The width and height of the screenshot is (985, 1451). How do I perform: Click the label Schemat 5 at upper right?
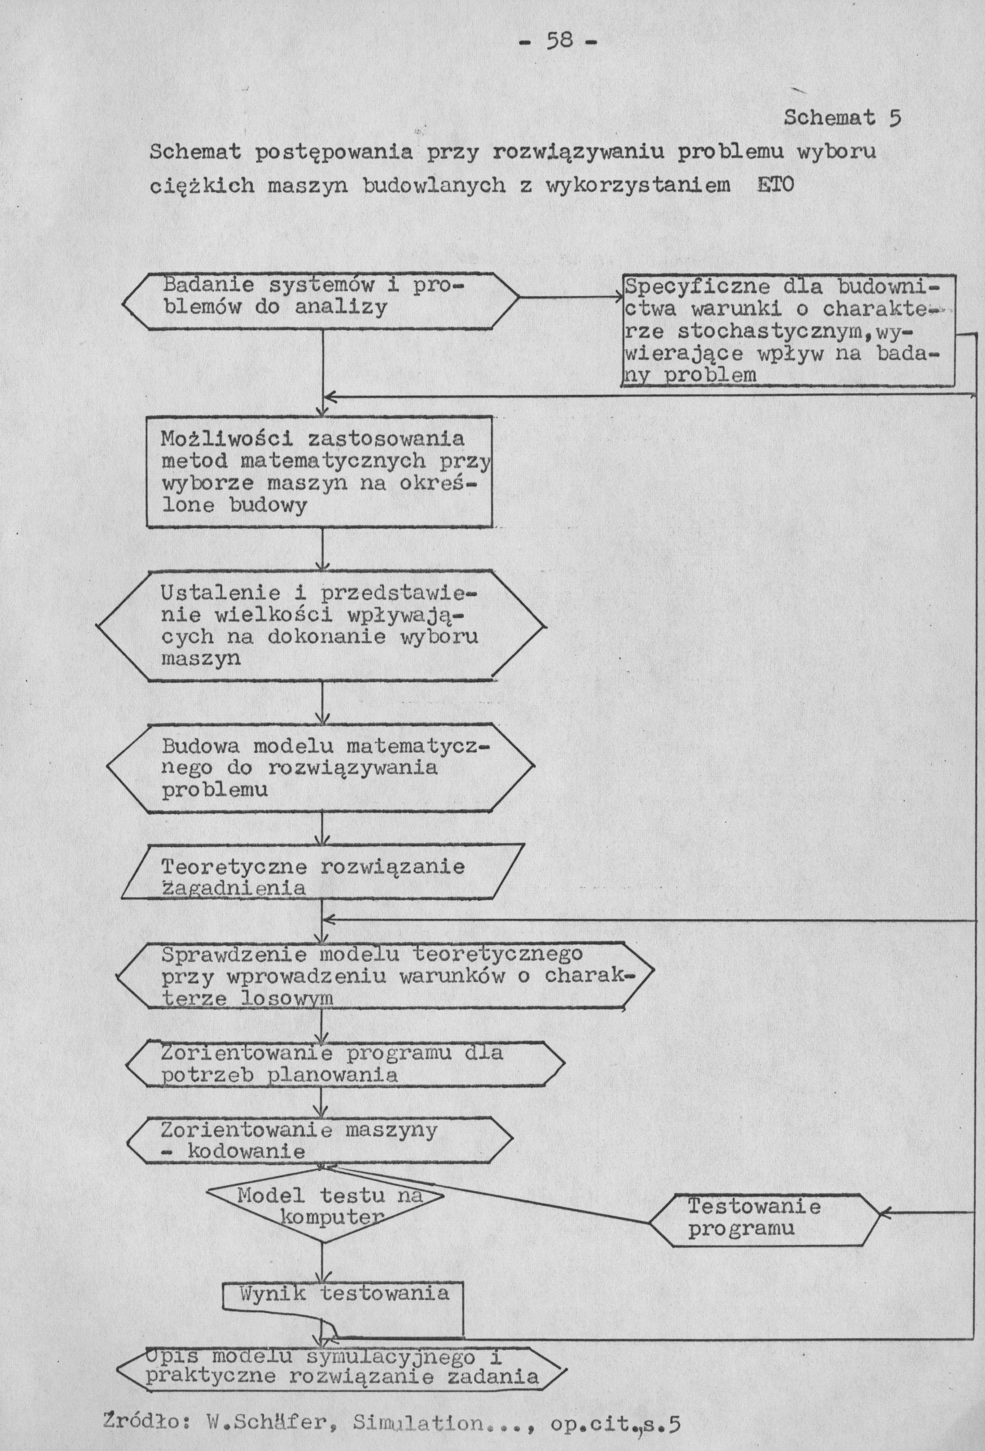click(x=841, y=118)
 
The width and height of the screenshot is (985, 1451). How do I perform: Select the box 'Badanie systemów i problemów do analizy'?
click(x=321, y=301)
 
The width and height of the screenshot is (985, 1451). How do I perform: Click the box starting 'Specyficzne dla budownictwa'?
click(x=789, y=331)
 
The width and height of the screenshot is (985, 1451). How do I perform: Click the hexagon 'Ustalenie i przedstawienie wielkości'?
click(x=321, y=626)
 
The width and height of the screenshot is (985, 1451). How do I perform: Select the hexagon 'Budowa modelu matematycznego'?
click(x=321, y=767)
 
